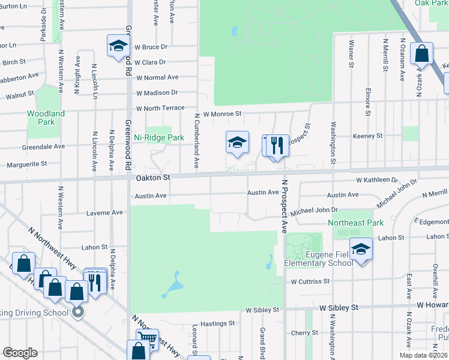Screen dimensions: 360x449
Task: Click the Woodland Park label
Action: [x=46, y=118]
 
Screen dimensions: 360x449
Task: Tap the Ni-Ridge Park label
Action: [x=158, y=137]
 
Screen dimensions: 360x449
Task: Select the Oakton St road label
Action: [x=153, y=178]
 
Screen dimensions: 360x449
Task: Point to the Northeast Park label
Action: [x=355, y=223]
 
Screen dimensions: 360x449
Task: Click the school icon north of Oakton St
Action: [x=237, y=143]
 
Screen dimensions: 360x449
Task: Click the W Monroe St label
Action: [x=222, y=113]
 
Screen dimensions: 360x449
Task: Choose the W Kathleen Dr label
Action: [x=377, y=179]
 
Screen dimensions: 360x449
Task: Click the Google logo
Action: [x=20, y=353]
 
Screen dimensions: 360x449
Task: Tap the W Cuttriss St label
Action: [x=310, y=281]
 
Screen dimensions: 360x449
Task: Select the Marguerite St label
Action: [x=26, y=164]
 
